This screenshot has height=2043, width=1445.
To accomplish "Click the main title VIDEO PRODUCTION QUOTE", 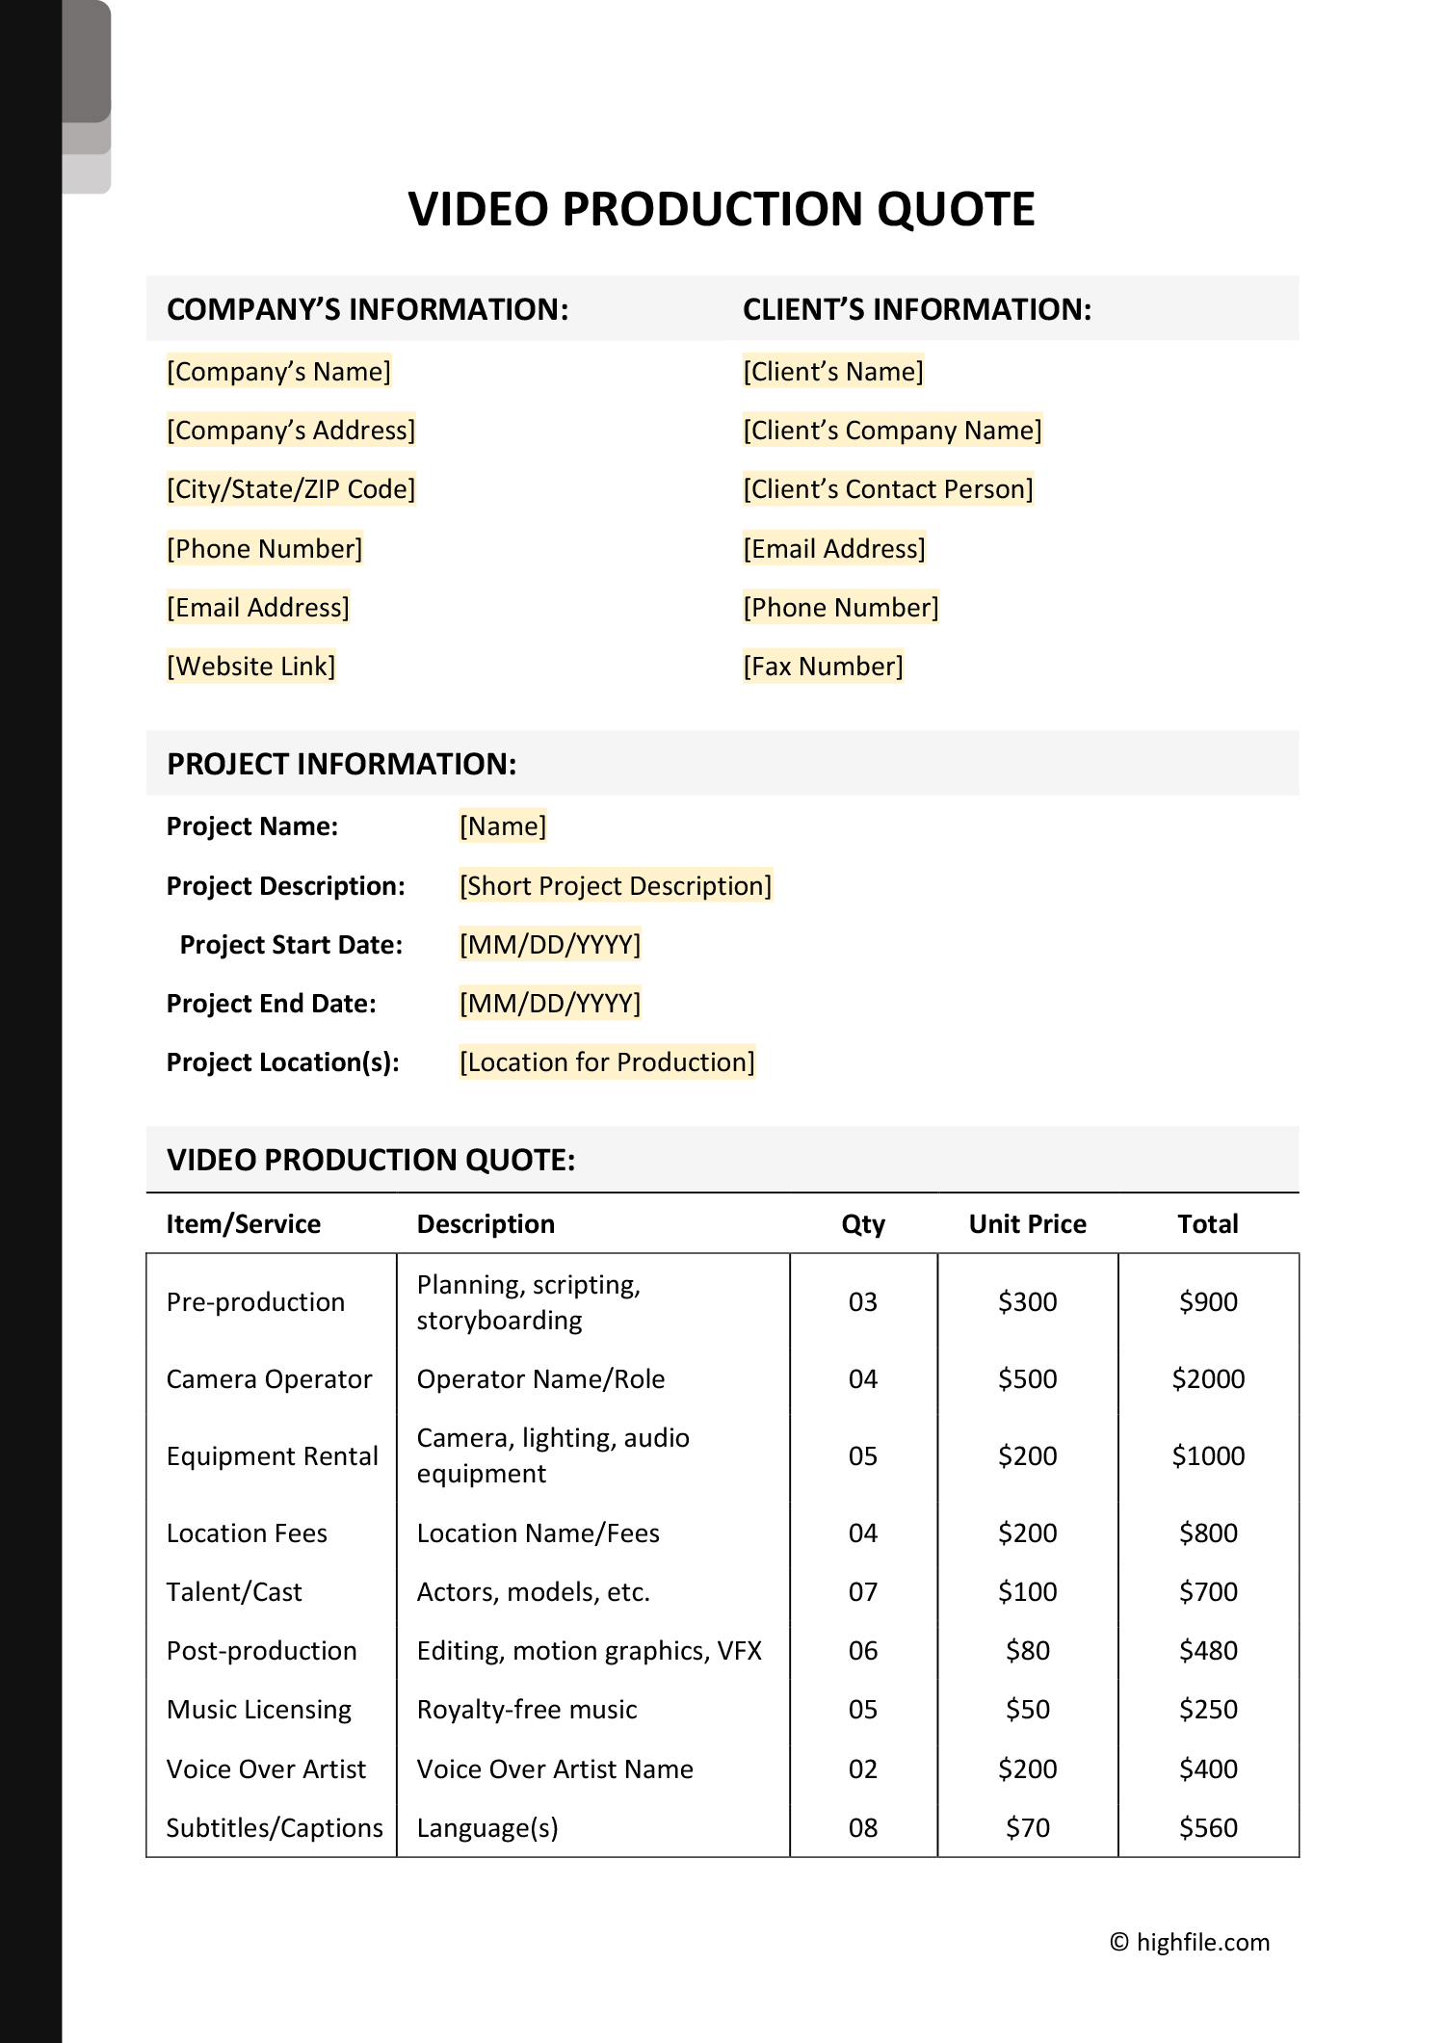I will pos(722,209).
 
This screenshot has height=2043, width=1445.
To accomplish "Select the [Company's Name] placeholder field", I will pos(278,372).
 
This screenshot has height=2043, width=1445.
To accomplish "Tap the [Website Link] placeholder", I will pos(250,667).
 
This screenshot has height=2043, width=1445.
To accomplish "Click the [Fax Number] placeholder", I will pos(823,667).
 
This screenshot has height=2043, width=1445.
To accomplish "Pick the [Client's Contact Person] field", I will pos(887,489).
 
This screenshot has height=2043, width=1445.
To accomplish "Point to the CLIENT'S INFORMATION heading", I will pos(916,309).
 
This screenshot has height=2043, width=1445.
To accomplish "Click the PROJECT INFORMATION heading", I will pos(341,764).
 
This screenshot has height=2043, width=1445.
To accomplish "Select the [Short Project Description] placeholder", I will pos(615,886).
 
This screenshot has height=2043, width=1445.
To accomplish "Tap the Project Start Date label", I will pos(291,945).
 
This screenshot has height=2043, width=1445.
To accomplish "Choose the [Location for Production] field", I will pos(607,1062).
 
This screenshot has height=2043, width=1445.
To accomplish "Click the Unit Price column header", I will pos(1027,1224).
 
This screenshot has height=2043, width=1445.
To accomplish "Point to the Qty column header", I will pos(862,1224).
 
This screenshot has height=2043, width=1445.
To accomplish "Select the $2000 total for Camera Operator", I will pos(1208,1379).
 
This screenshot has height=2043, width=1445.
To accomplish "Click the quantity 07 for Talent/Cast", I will pos(862,1592).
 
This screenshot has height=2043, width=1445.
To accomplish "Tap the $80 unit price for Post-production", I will pos(1027,1651).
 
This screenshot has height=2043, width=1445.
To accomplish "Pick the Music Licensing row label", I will pos(258,1710).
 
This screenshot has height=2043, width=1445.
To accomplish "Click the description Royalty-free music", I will pos(527,1710).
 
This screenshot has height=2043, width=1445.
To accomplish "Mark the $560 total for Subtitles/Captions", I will pos(1208,1828).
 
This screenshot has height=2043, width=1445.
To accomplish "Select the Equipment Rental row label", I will pos(272,1456).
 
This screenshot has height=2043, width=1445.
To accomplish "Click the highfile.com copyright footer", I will pos(1190,1942).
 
